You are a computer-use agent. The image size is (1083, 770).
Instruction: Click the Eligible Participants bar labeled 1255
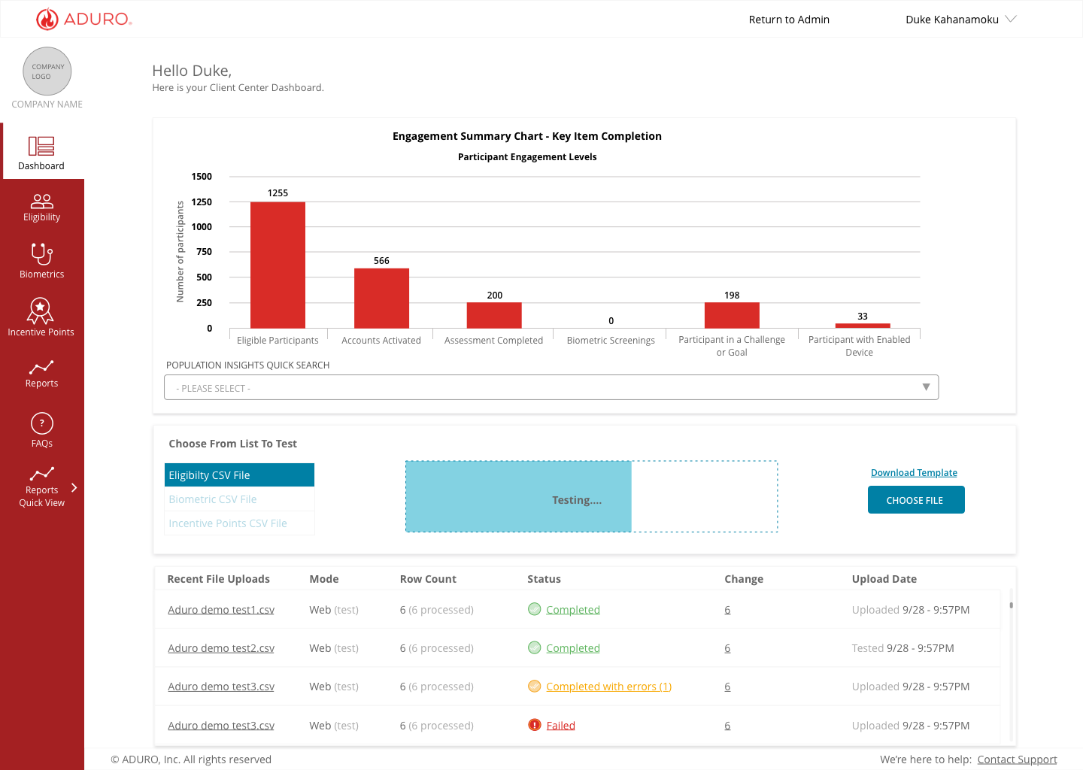[x=278, y=265]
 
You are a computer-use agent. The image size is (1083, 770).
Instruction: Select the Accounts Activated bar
[x=381, y=299]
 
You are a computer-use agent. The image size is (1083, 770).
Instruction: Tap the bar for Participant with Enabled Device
[x=863, y=326]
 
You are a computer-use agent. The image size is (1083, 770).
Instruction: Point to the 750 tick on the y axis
[x=204, y=252]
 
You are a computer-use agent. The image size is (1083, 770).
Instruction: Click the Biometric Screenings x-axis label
[x=611, y=341]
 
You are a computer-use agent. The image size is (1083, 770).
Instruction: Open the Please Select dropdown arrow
[x=926, y=387]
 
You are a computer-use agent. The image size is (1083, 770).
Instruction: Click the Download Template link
[x=914, y=473]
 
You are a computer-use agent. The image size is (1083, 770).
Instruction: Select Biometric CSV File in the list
[x=213, y=499]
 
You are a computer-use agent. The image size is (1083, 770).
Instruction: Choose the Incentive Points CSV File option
[x=228, y=523]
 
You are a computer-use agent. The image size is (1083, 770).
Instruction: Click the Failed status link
[x=560, y=726]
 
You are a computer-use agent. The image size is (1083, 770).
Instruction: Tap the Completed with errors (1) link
[x=608, y=687]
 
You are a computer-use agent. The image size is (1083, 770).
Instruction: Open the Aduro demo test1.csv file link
[x=221, y=610]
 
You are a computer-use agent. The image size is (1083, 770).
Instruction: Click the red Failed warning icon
[x=534, y=725]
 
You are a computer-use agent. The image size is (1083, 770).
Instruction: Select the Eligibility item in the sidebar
[x=41, y=208]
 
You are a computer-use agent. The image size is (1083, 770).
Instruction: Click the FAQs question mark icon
[x=41, y=423]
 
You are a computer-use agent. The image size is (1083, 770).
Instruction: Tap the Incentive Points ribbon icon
[x=40, y=311]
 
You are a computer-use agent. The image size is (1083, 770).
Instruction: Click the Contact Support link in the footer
[x=1018, y=759]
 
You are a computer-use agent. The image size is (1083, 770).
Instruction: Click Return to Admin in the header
[x=789, y=20]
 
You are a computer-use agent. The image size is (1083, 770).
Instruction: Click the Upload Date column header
[x=884, y=579]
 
